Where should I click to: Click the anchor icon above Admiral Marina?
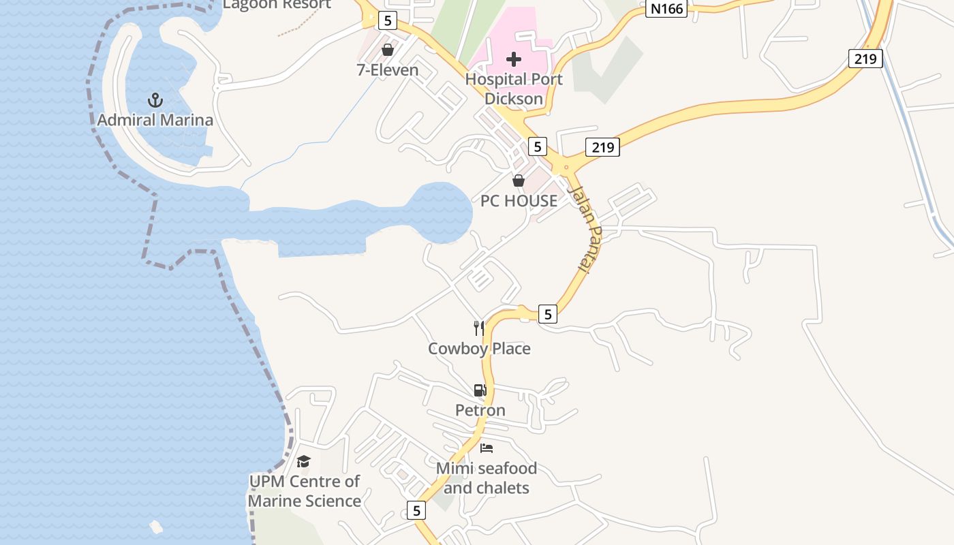coord(155,101)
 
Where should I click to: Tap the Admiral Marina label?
coord(155,121)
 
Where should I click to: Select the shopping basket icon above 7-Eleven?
coord(388,50)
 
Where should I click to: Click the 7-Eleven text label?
coord(388,69)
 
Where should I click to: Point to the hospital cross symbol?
coord(514,59)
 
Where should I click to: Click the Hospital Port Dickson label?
coord(514,89)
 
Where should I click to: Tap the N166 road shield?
coord(666,8)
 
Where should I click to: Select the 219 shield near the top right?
coord(865,59)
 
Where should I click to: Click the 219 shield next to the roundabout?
coord(602,146)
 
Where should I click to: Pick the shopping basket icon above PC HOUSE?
coord(519,181)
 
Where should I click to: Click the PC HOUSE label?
coord(519,201)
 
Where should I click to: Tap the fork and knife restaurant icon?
coord(479,328)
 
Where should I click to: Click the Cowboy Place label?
coord(479,349)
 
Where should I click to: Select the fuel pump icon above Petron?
coord(480,390)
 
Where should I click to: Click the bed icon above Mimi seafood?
coord(487,448)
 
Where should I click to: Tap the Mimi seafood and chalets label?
coord(487,478)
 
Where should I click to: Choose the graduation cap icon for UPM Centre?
coord(304,461)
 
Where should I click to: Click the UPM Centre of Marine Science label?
coord(304,491)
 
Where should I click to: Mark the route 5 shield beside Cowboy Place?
coord(548,314)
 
